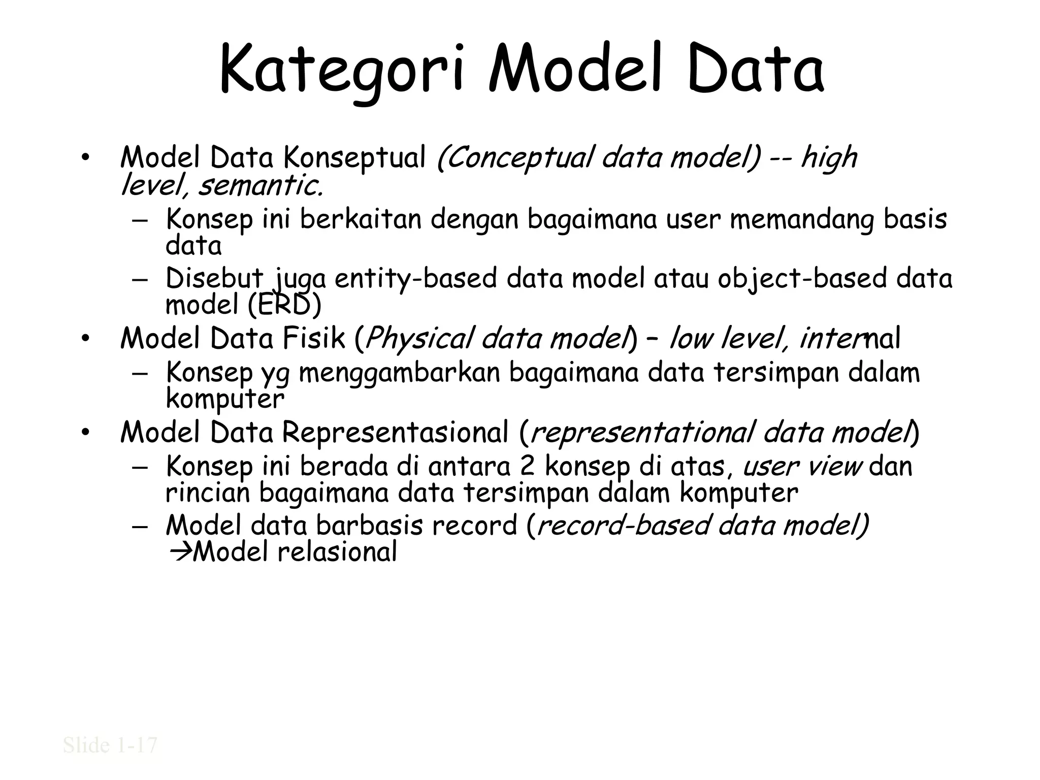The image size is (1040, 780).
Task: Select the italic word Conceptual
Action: click(x=515, y=158)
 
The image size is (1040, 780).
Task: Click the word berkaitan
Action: click(x=361, y=219)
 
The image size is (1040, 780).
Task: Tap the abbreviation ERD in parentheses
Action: click(x=284, y=305)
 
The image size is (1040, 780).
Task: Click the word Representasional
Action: click(x=395, y=433)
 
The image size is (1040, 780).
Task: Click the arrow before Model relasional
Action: click(x=178, y=552)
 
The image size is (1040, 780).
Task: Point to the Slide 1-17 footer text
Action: click(x=110, y=745)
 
